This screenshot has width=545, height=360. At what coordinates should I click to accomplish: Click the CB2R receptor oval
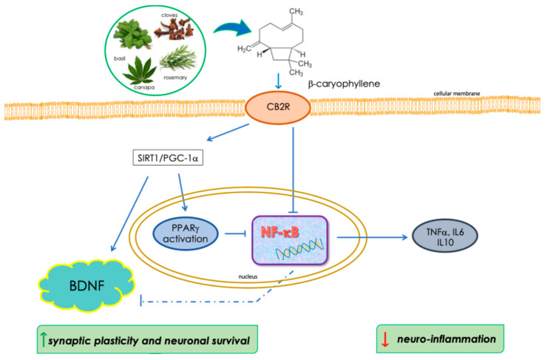(278, 106)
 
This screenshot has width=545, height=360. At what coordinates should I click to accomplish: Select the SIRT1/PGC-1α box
(168, 158)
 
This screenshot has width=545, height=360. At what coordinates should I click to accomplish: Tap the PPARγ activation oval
(186, 234)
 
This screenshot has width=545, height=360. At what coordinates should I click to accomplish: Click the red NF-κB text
(280, 232)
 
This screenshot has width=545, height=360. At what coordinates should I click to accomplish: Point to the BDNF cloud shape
(87, 285)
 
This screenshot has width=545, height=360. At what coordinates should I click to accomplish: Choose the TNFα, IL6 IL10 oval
(445, 236)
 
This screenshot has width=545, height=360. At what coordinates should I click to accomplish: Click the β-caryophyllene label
(344, 84)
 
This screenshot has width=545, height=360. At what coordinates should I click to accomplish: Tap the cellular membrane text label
(457, 93)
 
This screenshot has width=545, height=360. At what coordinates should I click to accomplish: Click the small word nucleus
(248, 276)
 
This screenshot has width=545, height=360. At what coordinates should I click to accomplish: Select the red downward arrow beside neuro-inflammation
(385, 339)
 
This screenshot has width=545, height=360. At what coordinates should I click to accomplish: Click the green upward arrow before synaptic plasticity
(43, 340)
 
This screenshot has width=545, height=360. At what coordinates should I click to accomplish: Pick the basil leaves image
(133, 35)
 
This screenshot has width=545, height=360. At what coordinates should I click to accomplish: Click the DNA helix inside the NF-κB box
(300, 249)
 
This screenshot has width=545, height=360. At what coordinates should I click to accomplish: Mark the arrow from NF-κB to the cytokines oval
(372, 237)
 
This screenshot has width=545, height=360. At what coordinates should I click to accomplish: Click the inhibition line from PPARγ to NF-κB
(236, 234)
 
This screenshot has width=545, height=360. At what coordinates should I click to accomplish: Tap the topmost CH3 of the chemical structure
(296, 12)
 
